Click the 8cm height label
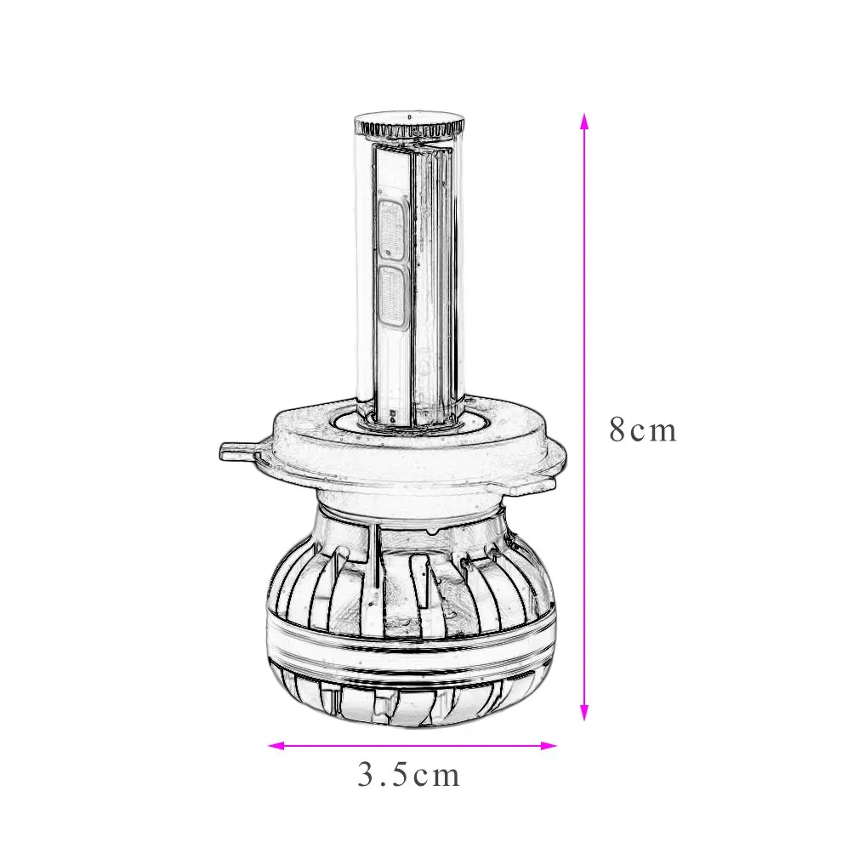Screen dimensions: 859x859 [x=642, y=430]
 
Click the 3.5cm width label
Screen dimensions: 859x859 [x=408, y=775]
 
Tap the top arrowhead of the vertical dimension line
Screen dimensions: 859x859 [x=583, y=120]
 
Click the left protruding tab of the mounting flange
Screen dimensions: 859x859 [x=241, y=451]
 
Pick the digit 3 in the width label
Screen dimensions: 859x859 [x=367, y=775]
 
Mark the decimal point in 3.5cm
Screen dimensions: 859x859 [x=384, y=783]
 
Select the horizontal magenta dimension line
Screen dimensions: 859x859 [x=412, y=746]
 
